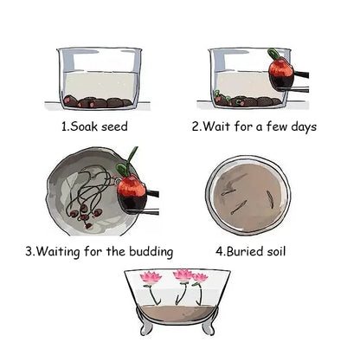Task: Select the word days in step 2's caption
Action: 299,126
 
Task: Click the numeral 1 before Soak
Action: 63,126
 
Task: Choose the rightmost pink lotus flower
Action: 201,279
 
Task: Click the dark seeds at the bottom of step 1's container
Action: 97,101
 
